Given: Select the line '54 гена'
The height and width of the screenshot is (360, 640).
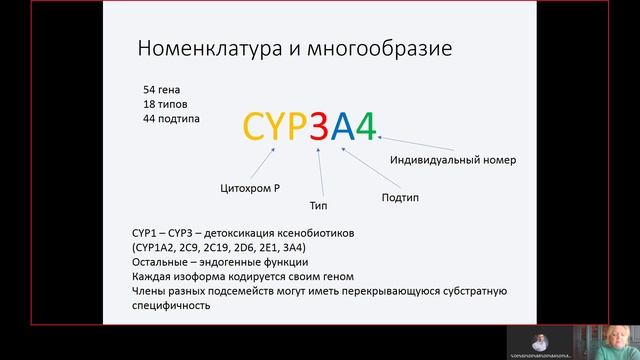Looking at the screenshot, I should click(163, 89).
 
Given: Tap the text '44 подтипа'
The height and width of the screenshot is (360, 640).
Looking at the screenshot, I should click(171, 119).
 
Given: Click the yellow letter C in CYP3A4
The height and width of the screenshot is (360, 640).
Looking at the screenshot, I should click(256, 126).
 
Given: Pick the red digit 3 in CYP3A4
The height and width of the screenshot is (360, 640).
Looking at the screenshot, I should click(319, 126).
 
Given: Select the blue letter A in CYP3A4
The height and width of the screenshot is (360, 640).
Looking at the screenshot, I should click(343, 126).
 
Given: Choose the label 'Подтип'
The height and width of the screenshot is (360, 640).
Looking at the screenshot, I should click(400, 197).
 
